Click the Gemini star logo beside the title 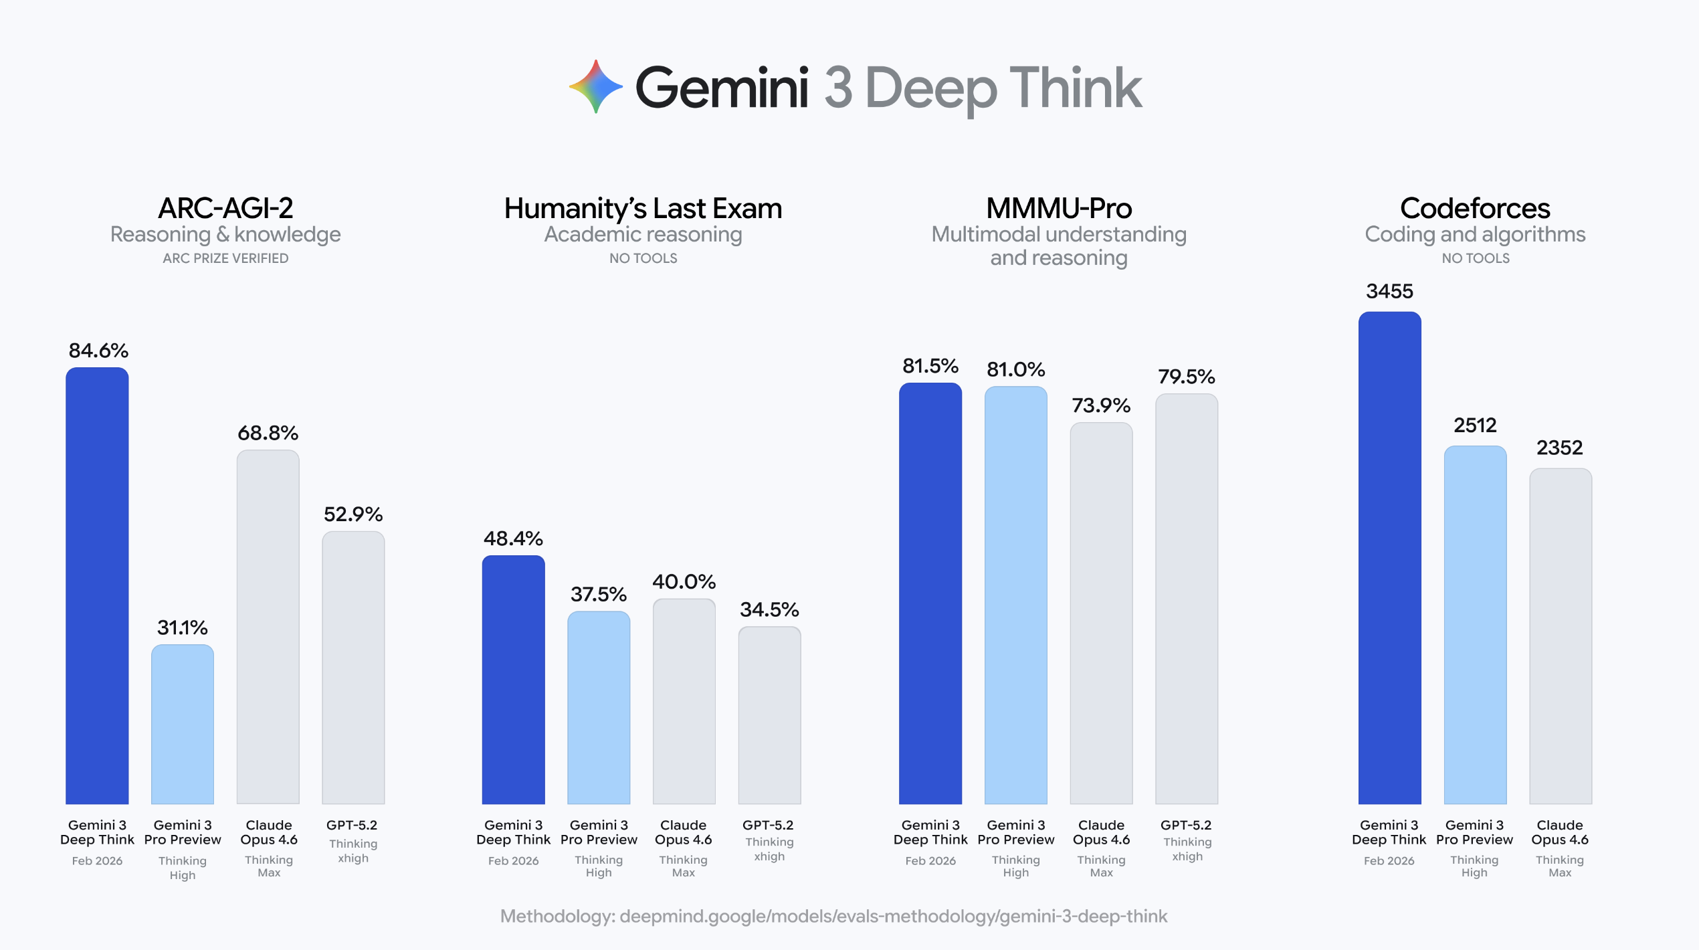tap(595, 87)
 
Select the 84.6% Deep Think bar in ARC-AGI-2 tap(97, 585)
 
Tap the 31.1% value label tap(182, 628)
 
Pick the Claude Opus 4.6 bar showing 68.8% tap(268, 626)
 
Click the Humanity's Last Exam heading tap(643, 208)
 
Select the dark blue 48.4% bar tap(513, 679)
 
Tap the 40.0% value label tap(684, 581)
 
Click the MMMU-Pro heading tap(1059, 208)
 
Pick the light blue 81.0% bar tap(1015, 595)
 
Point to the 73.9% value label tap(1101, 405)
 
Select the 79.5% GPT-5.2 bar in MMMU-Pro tap(1187, 598)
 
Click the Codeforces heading tap(1475, 208)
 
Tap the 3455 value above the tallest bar tap(1389, 291)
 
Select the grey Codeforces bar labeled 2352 tap(1560, 636)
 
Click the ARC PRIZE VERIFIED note tap(225, 258)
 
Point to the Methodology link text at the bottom tap(833, 916)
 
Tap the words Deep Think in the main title tap(1003, 88)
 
